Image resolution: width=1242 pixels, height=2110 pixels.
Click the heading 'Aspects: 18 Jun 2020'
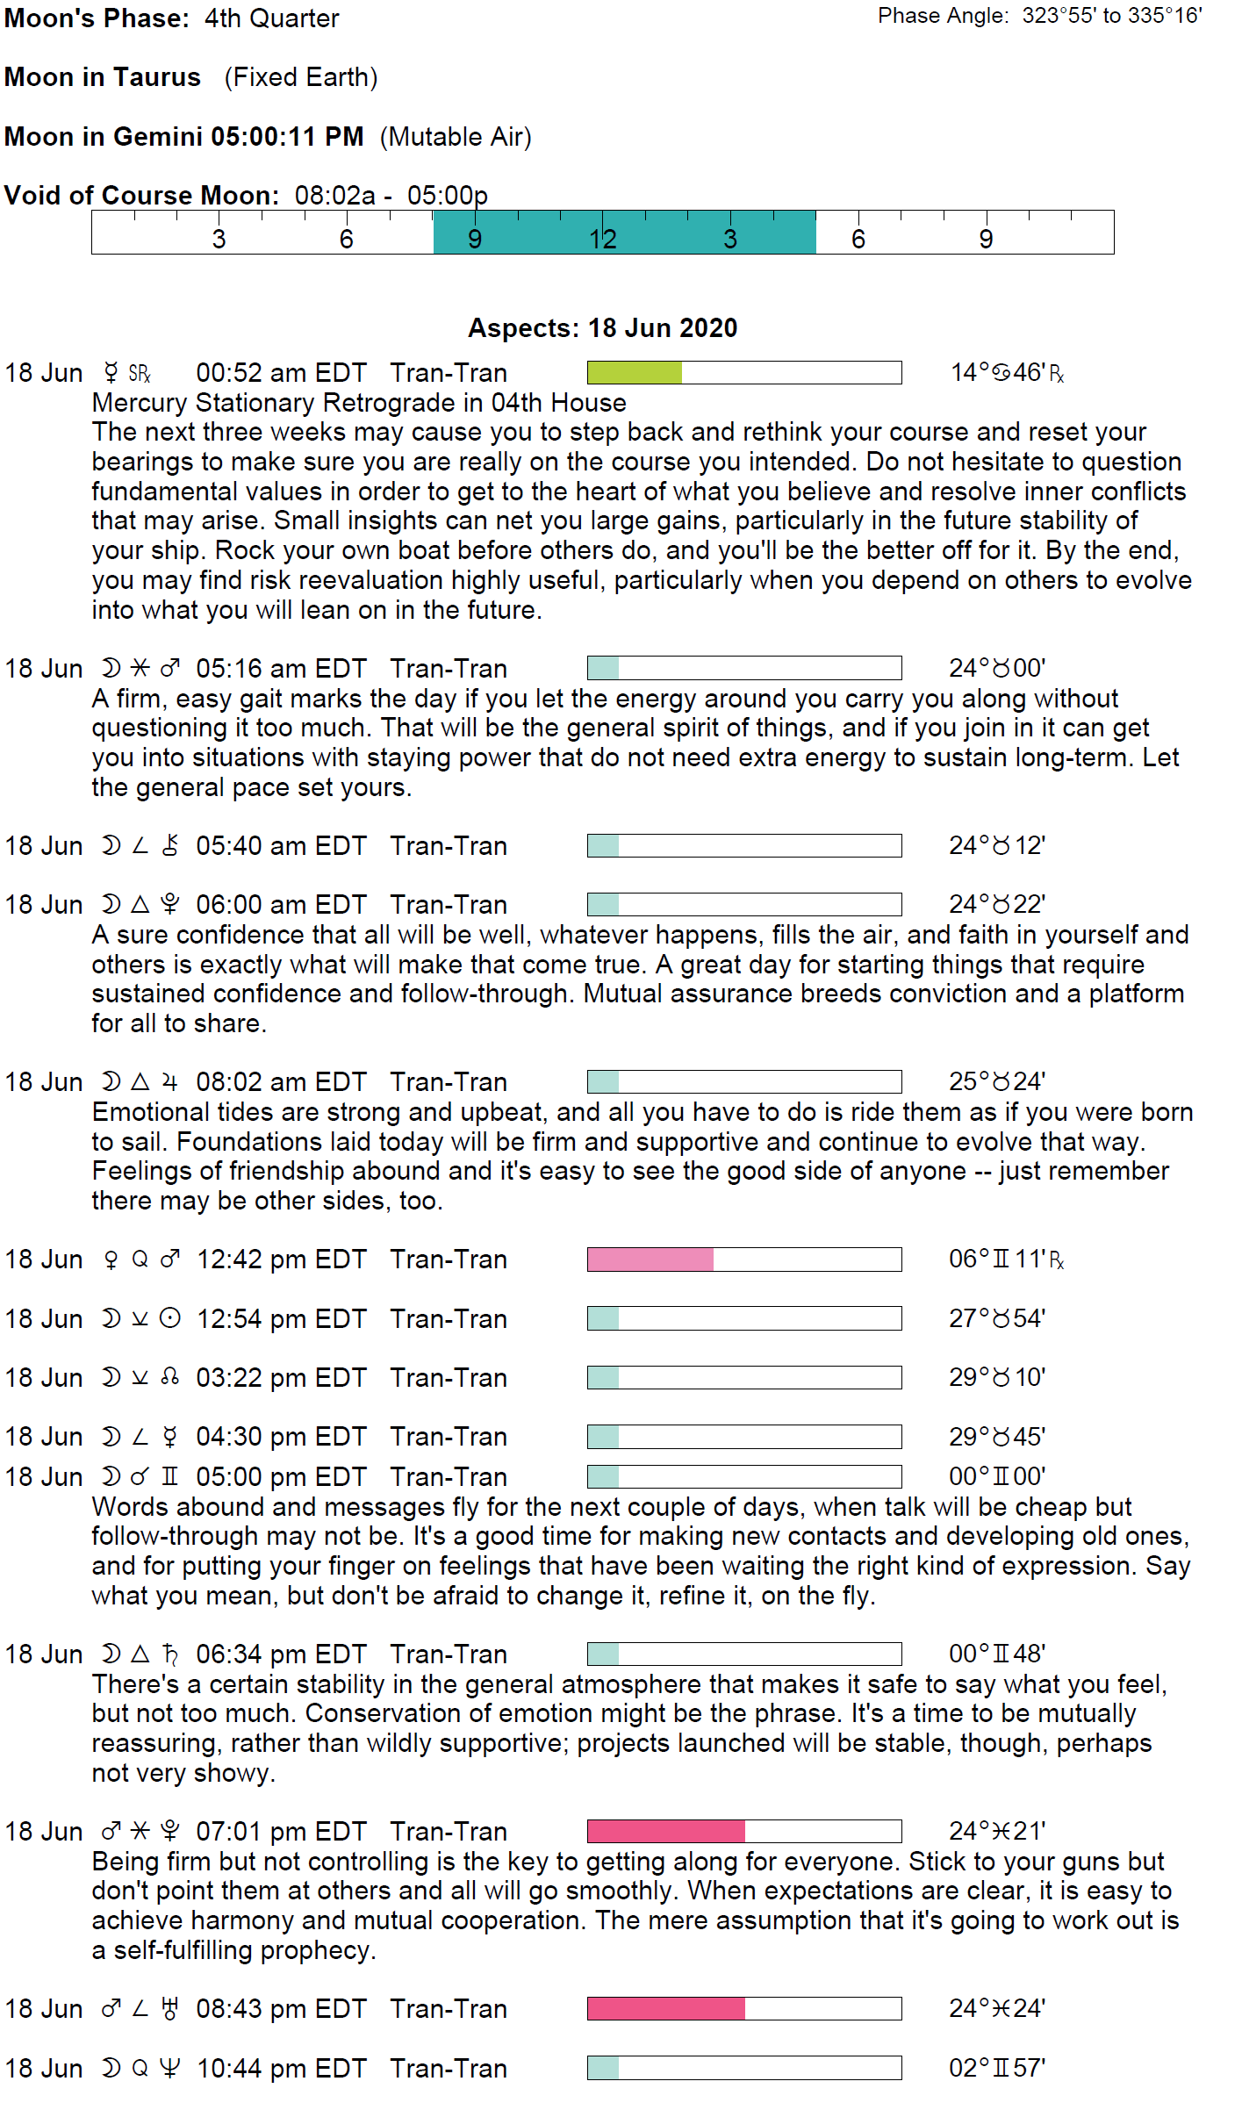[x=602, y=328]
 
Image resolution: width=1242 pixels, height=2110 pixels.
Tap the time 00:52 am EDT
[x=281, y=373]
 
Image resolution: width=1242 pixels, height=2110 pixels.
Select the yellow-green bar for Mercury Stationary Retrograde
[x=635, y=373]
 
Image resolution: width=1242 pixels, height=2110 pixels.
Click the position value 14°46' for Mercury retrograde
[x=1007, y=373]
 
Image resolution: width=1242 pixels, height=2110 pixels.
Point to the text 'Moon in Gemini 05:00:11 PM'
[x=183, y=137]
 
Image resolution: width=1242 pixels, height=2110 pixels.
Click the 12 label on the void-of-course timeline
[x=602, y=239]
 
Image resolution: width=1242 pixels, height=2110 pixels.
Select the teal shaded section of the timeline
[x=624, y=233]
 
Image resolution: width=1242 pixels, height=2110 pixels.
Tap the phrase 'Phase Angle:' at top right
[x=943, y=16]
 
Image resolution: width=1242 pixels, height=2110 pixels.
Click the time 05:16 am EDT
[x=281, y=669]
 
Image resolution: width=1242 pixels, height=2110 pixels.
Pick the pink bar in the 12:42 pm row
[x=650, y=1260]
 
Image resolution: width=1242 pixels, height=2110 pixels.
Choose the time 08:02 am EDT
[x=281, y=1082]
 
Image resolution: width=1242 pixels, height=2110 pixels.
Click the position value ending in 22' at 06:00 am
[x=997, y=905]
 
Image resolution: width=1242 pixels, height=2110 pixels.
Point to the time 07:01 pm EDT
[x=281, y=1832]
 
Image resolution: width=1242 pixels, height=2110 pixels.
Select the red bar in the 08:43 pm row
[x=665, y=2009]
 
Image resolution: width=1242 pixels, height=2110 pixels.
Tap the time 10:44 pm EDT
[x=281, y=2069]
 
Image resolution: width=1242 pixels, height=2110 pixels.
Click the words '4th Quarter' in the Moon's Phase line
[x=272, y=18]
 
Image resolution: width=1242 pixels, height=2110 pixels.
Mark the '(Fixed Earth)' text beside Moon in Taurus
[x=301, y=77]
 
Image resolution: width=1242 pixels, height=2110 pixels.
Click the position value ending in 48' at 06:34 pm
[x=997, y=1654]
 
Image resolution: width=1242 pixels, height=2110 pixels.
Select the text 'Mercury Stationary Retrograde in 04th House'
[x=359, y=403]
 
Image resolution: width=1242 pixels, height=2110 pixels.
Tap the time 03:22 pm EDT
[x=281, y=1378]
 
